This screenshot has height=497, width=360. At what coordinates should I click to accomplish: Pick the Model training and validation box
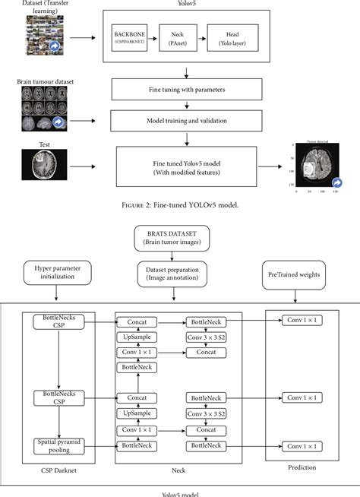pyautogui.click(x=186, y=120)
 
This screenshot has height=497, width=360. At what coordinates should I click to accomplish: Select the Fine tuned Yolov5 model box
pyautogui.click(x=186, y=166)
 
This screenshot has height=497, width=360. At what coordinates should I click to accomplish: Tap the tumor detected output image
pyautogui.click(x=313, y=168)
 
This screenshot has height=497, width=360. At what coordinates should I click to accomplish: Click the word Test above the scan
pyautogui.click(x=43, y=143)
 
